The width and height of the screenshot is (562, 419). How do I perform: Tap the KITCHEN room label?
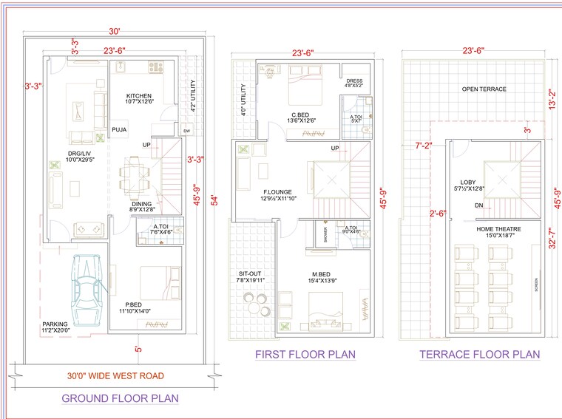(x=139, y=96)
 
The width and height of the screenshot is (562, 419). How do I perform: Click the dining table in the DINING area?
(x=135, y=175)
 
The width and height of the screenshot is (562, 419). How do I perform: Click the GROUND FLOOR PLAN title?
(x=119, y=398)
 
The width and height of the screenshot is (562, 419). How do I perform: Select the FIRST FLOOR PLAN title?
(x=305, y=355)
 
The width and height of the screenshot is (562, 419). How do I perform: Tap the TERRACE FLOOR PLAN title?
(x=479, y=355)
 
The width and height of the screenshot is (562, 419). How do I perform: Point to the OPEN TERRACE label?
(x=484, y=89)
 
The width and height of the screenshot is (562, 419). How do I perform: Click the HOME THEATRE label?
(x=498, y=229)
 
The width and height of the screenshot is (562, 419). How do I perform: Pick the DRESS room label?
(x=353, y=82)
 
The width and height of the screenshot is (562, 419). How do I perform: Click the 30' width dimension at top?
(x=114, y=32)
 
